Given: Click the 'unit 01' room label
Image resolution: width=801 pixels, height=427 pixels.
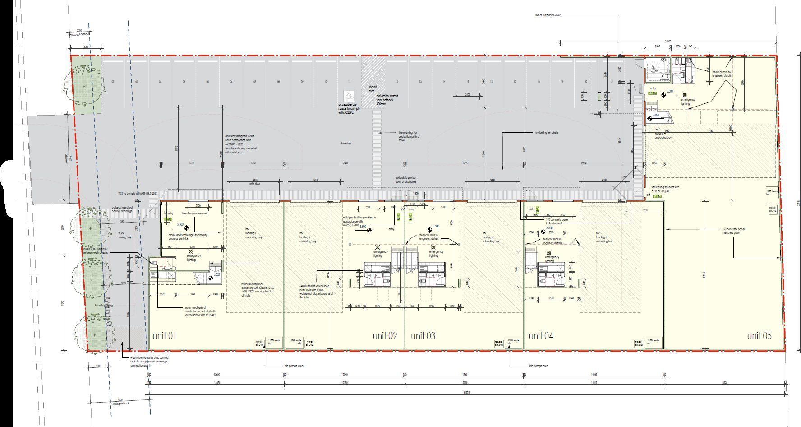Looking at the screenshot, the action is [164, 336].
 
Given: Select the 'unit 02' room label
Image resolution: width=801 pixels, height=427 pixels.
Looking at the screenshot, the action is [385, 336].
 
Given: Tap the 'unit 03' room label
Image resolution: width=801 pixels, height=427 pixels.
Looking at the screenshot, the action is [423, 336].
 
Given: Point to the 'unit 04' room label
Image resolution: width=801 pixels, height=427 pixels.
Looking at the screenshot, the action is [541, 336].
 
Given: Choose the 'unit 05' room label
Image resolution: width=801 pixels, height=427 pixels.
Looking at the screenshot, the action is [760, 336].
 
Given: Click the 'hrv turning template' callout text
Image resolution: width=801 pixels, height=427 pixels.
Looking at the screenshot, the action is [546, 133].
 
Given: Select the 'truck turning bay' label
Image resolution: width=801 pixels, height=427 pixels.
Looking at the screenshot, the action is [124, 235].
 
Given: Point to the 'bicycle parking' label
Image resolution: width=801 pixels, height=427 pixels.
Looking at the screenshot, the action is [104, 306].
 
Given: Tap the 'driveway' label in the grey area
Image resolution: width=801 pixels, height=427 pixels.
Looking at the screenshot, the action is [345, 144].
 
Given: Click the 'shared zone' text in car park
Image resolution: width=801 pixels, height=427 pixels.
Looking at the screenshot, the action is [372, 89].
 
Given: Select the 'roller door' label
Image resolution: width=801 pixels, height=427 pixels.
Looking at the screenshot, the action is [255, 184].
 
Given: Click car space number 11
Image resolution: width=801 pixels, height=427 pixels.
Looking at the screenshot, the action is [349, 82].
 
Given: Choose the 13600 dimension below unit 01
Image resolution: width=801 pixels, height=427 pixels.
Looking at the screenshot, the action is [216, 375].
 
